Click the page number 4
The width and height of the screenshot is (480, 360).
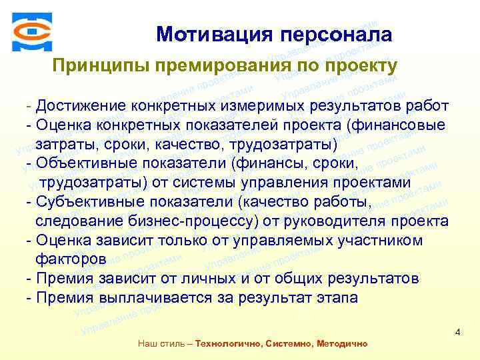tap(458, 332)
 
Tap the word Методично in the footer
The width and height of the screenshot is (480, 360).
tap(339, 344)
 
